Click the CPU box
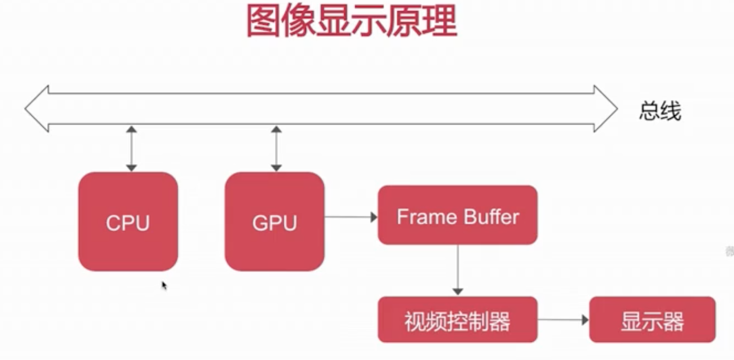[128, 221]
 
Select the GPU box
[274, 221]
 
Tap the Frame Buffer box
[457, 215]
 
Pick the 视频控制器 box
[457, 320]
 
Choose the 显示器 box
[652, 320]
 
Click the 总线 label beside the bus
[660, 112]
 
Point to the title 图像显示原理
[351, 21]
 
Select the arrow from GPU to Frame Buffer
[350, 217]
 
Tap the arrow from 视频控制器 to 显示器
[563, 320]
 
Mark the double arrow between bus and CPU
[131, 148]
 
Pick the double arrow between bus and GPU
[276, 148]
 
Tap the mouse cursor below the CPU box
[164, 285]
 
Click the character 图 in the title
[264, 21]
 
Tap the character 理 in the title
[439, 21]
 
